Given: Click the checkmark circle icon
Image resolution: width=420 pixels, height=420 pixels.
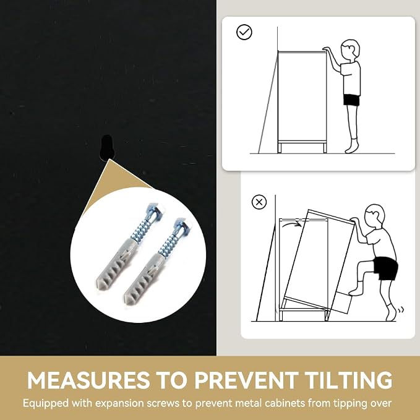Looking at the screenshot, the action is coord(244,32).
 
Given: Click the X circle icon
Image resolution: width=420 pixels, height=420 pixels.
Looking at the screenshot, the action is coord(259,202).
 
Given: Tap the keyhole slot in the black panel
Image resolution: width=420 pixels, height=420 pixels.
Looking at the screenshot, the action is coord(107,147).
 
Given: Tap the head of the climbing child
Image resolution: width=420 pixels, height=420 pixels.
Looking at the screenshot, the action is coord(375,215).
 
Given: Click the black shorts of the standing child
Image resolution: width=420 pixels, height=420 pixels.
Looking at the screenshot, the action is coord(351,100).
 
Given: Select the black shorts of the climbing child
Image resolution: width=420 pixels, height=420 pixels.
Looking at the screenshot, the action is coord(386,268).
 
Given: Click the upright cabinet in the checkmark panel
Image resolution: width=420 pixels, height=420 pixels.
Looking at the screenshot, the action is coord(302,102).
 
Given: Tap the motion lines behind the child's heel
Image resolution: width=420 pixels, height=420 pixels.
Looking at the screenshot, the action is coord(401,310).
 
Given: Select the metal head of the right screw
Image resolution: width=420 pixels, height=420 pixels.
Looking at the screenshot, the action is coord(182,223).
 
